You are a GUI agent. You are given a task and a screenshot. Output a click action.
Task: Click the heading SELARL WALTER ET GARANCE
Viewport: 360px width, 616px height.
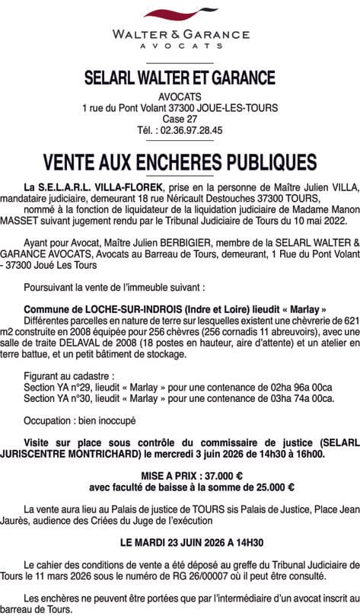click(x=180, y=78)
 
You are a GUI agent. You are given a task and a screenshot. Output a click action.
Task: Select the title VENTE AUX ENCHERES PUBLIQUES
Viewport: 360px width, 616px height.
click(x=180, y=162)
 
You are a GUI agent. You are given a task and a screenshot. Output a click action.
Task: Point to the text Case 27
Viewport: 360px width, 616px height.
click(x=180, y=120)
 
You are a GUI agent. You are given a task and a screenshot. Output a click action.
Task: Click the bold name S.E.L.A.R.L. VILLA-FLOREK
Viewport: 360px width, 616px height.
click(x=94, y=187)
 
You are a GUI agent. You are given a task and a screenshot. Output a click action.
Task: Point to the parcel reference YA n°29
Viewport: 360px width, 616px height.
click(x=67, y=388)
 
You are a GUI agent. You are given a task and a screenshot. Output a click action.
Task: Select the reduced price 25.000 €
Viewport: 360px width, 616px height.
click(x=268, y=487)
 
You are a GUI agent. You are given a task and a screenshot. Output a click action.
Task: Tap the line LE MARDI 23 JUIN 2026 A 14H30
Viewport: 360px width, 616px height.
click(x=180, y=543)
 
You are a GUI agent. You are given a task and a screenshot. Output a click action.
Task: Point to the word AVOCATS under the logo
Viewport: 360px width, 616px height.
click(x=180, y=46)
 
